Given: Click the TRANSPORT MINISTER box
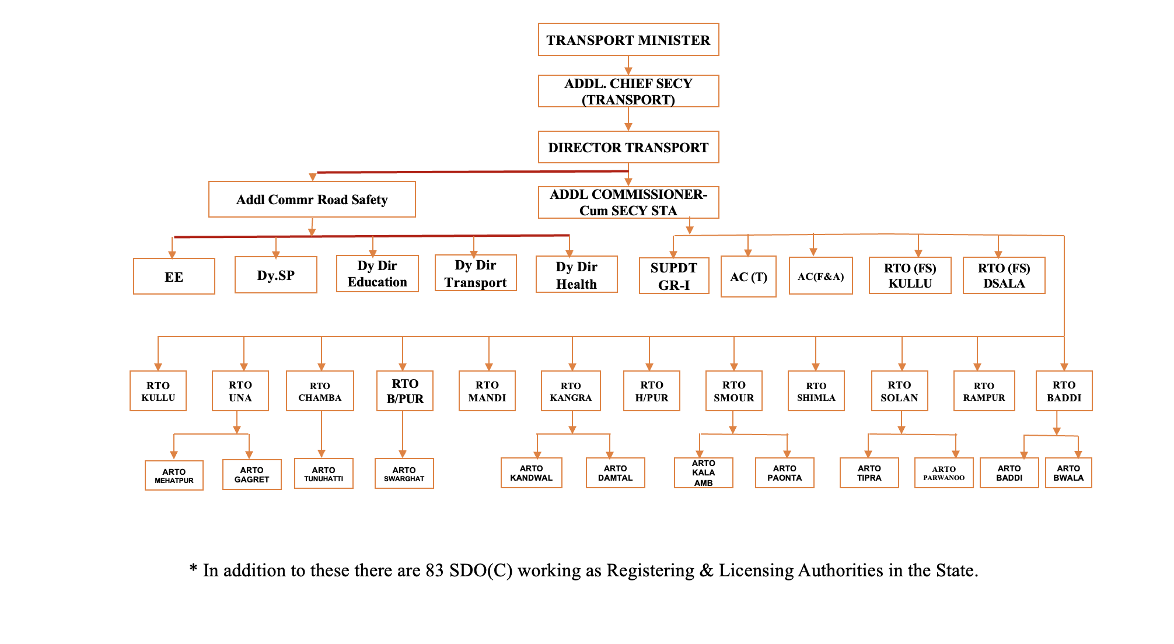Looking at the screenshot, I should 628,40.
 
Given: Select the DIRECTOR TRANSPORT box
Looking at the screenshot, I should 628,147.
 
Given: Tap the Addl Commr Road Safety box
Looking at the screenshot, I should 312,199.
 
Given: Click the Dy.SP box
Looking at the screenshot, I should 275,275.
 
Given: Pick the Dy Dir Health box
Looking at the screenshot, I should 576,275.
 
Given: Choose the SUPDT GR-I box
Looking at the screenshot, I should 673,276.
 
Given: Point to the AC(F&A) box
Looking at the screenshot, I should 820,276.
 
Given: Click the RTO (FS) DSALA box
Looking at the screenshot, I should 1004,275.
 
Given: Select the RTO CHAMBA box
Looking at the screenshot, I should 320,391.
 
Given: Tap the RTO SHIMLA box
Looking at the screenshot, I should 816,391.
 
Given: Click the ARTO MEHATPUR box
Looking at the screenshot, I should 174,475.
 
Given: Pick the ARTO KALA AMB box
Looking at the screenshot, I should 703,473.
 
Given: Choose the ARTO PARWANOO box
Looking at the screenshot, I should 944,473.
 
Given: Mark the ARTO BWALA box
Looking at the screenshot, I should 1068,473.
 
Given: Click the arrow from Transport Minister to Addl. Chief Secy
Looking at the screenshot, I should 628,65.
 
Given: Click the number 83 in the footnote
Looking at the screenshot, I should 435,570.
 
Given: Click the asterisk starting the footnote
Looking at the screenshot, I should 193,569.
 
